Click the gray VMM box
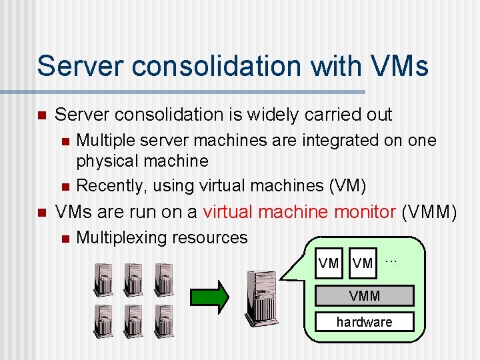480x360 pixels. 365,295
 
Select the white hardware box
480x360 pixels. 365,322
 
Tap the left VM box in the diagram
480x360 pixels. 329,263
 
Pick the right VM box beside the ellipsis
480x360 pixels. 363,263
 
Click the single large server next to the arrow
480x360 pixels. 261,297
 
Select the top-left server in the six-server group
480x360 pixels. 104,279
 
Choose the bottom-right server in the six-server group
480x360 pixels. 164,321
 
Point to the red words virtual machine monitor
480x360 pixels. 300,213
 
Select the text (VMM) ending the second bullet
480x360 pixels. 430,213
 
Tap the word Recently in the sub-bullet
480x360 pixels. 106,184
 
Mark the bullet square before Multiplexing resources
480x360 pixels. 64,238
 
